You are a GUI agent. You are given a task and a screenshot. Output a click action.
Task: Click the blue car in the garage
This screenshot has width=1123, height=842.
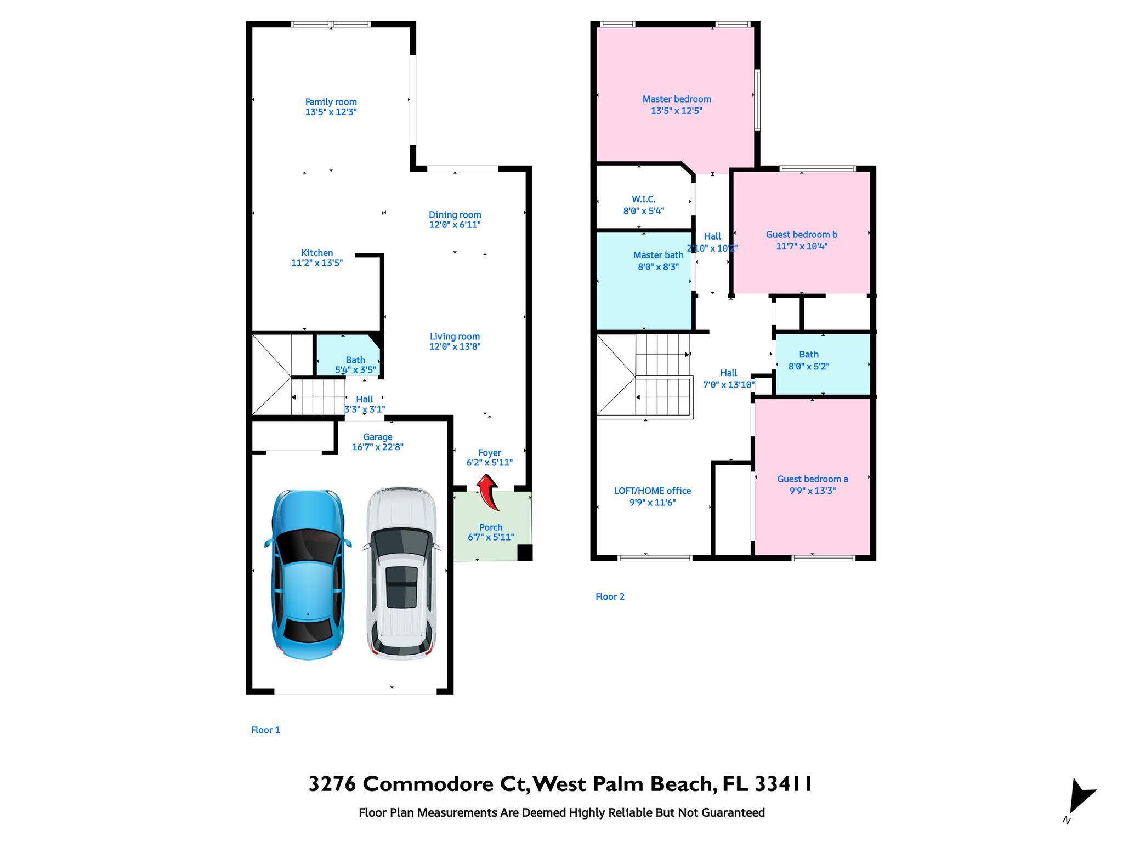coord(308,575)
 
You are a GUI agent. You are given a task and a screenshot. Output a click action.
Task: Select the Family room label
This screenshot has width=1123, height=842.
coord(331,102)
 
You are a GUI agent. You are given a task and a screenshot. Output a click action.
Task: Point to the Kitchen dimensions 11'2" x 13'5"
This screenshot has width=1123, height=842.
coord(317,263)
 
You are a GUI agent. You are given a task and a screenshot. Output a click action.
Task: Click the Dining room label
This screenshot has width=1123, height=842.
coord(455,215)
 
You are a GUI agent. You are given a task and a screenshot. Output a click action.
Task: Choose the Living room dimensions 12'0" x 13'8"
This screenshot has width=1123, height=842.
coord(455,346)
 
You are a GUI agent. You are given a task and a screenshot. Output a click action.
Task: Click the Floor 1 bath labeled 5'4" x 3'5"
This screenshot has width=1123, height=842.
coord(349,355)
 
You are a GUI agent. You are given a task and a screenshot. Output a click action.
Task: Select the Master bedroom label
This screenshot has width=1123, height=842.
coord(677,99)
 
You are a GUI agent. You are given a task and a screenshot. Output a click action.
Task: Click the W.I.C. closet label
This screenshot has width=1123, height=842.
coord(644,200)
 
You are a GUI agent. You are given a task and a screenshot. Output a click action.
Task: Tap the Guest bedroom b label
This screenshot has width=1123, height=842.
coord(802,235)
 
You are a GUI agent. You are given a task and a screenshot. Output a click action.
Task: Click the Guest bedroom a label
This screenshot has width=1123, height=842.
coord(813,479)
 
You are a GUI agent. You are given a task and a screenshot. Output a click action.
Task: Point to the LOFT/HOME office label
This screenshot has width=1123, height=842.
coord(653,491)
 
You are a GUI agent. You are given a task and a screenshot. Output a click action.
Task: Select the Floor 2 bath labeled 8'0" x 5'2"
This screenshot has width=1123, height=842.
coord(822,364)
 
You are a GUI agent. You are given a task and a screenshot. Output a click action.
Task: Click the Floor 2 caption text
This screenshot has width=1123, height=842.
coord(610,597)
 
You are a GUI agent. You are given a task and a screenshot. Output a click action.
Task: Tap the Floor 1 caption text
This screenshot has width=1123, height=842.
coord(265,730)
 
